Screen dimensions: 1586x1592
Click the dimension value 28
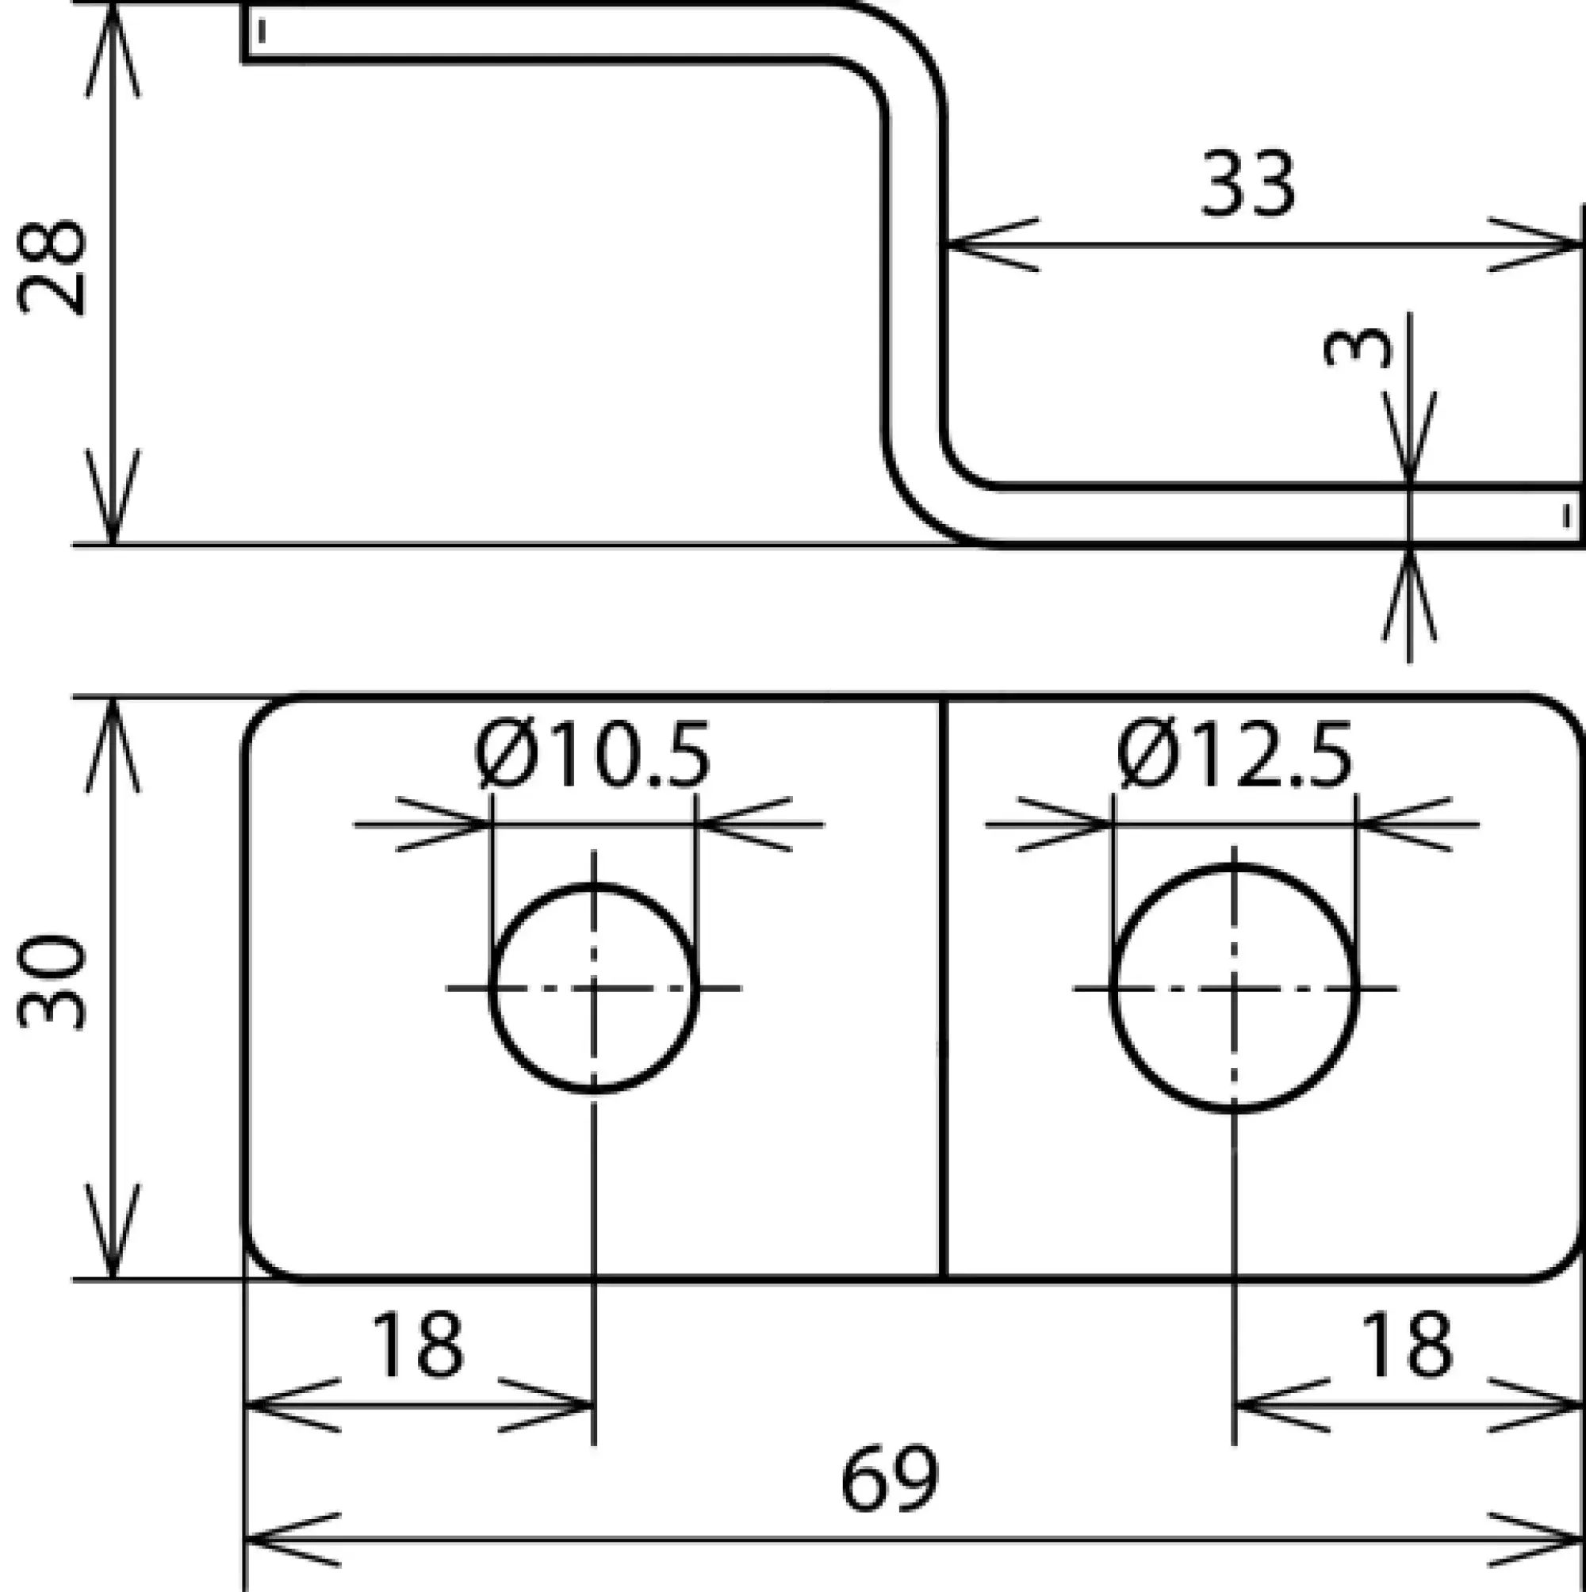[x=51, y=268]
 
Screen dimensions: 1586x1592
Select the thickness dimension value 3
[x=1357, y=347]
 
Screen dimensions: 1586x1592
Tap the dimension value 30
[x=51, y=983]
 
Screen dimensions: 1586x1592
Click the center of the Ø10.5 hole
[x=594, y=987]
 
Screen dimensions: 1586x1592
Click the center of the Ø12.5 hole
[x=1234, y=987]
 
